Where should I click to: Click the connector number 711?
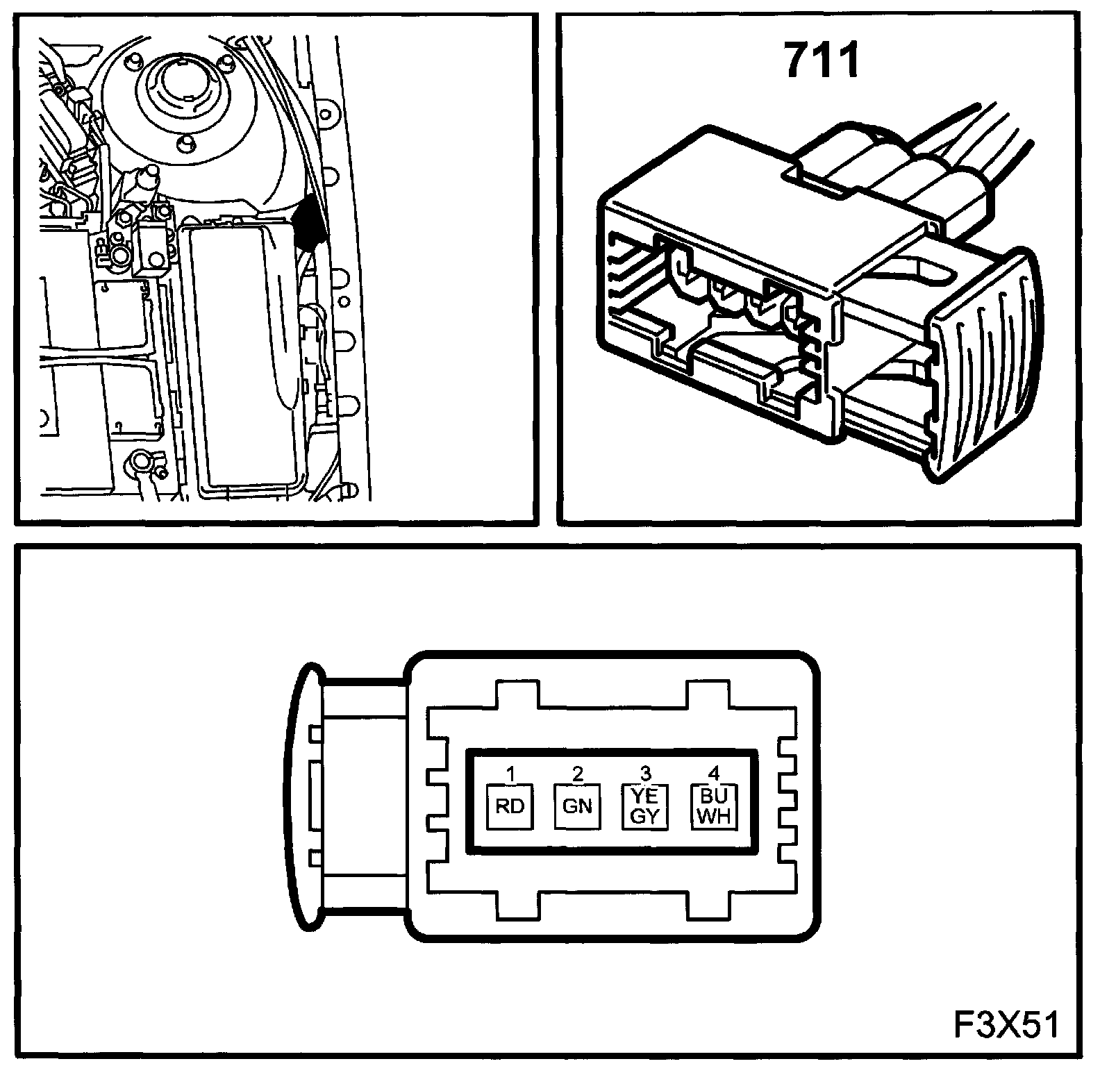point(822,60)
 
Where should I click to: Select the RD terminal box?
point(510,806)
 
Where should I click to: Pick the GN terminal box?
point(577,806)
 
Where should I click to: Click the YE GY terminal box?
point(644,806)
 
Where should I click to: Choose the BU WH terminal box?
point(714,806)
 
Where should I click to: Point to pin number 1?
point(510,773)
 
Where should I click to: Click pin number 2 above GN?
point(578,773)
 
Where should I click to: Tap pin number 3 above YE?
point(645,773)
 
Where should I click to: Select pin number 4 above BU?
point(714,773)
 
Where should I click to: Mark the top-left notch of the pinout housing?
point(517,694)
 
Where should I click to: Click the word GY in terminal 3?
point(644,816)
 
